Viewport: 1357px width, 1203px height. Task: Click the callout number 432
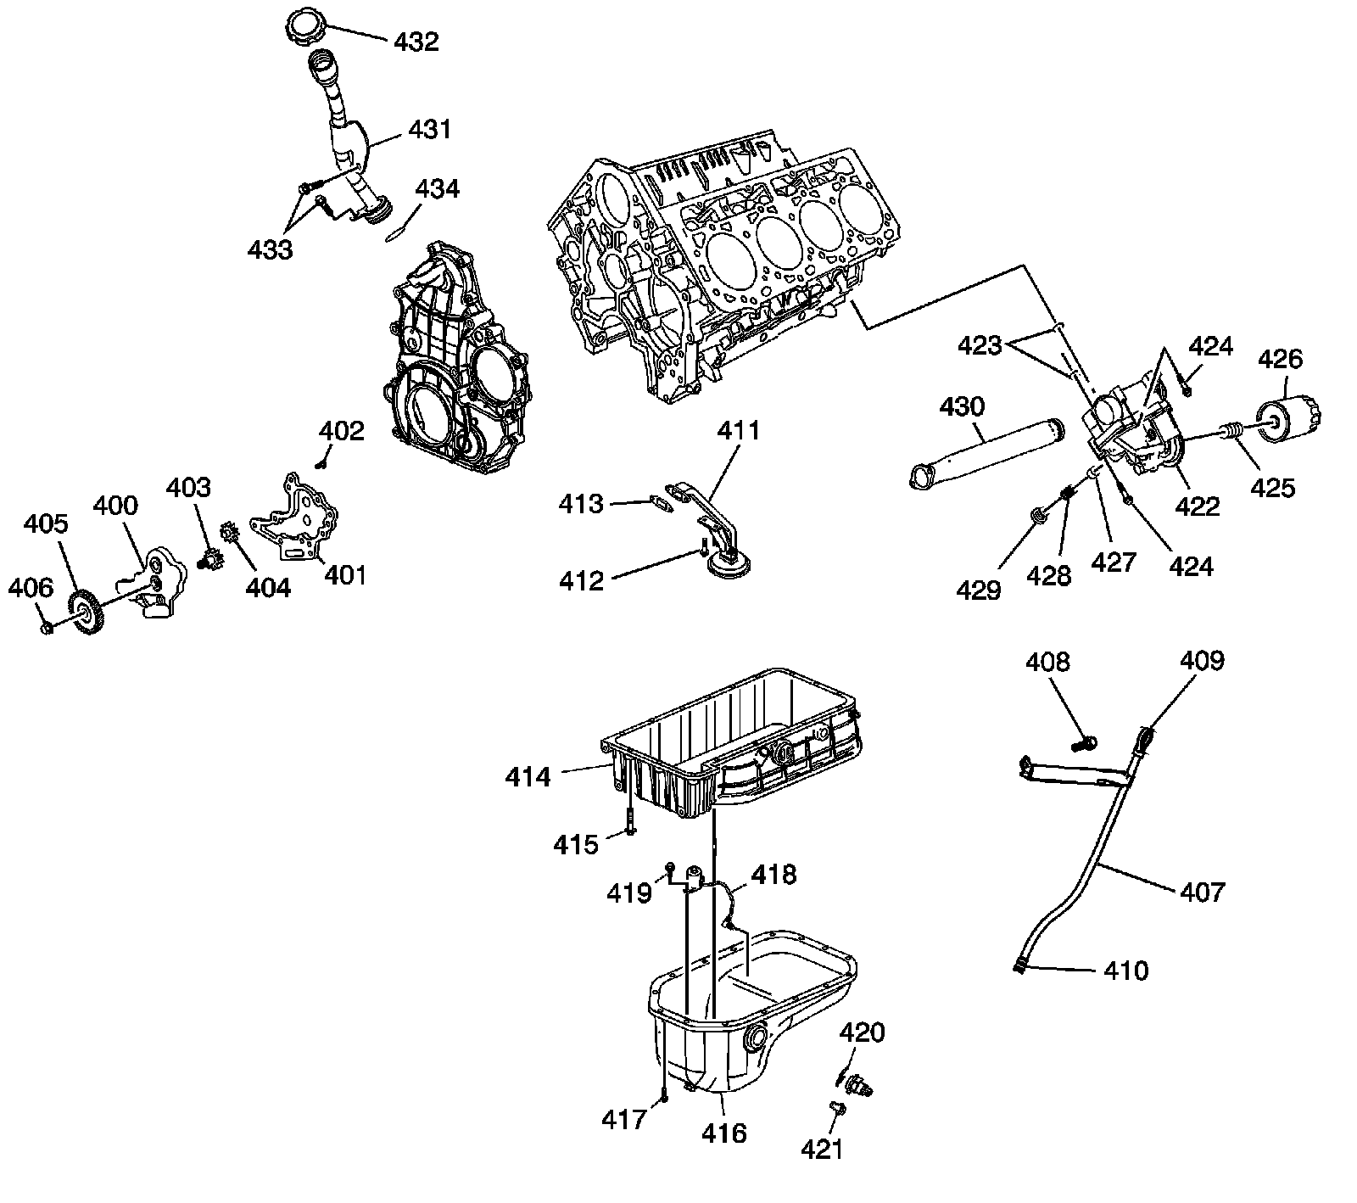[x=416, y=41]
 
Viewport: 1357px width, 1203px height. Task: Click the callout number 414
[x=528, y=775]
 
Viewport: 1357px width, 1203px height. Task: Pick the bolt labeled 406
[x=47, y=627]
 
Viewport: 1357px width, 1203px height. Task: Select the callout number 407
[x=1203, y=892]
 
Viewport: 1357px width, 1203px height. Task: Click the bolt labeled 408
[x=1082, y=743]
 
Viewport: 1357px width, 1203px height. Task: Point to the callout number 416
[x=724, y=1132]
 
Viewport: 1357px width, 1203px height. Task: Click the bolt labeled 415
[x=629, y=823]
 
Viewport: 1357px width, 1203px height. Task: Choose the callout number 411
[x=739, y=430]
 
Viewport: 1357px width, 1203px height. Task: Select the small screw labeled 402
[x=322, y=463]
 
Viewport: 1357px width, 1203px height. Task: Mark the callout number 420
[x=863, y=1032]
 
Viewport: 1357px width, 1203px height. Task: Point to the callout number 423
[x=980, y=345]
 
